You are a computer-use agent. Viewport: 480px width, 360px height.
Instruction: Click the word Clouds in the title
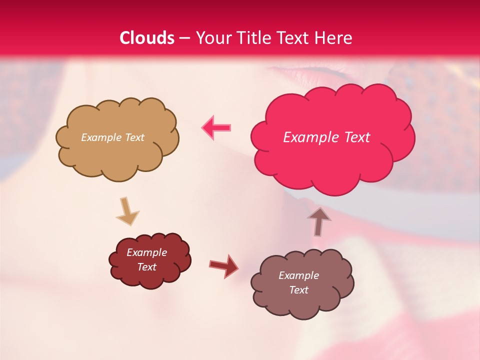pyautogui.click(x=147, y=38)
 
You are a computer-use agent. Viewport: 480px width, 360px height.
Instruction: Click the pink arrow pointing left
pyautogui.click(x=216, y=127)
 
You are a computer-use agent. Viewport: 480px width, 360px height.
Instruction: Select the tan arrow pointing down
pyautogui.click(x=127, y=210)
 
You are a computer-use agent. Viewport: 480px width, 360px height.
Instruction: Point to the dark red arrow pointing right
pyautogui.click(x=223, y=266)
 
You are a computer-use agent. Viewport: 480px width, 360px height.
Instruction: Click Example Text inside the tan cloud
pyautogui.click(x=112, y=137)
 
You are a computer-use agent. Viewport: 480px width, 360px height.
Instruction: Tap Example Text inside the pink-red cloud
pyautogui.click(x=326, y=137)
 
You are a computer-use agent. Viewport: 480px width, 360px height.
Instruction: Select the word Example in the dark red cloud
pyautogui.click(x=146, y=253)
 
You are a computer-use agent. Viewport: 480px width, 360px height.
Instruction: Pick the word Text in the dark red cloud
pyautogui.click(x=146, y=267)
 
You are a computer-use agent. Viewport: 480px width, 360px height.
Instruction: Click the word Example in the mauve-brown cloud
pyautogui.click(x=298, y=275)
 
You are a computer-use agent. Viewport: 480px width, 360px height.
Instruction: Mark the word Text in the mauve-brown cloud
pyautogui.click(x=298, y=290)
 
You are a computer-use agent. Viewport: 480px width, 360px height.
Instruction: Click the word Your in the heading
pyautogui.click(x=211, y=38)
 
